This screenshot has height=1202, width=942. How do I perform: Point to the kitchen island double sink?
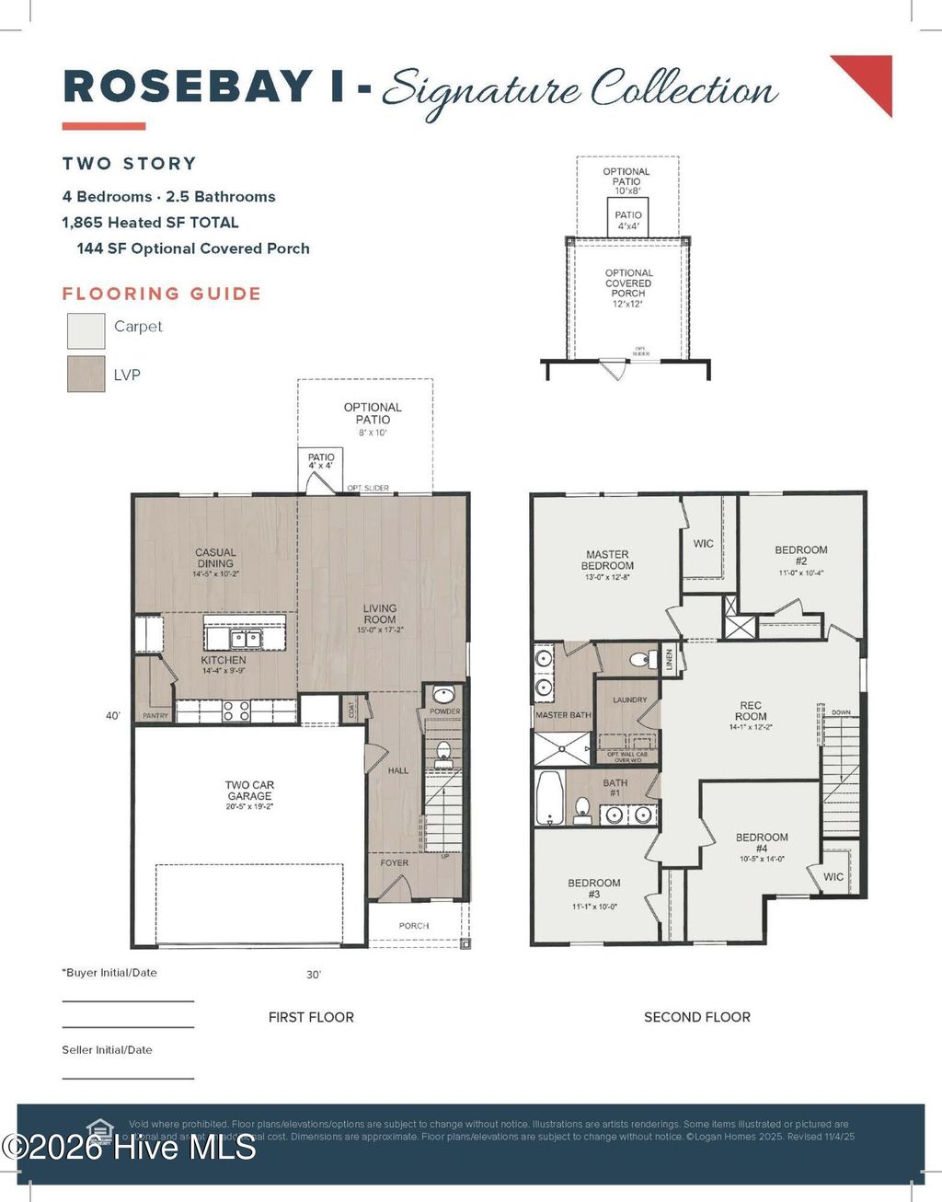pos(245,638)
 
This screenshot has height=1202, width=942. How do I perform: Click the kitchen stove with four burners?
pos(236,710)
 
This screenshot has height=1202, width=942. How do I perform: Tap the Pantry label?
pos(155,715)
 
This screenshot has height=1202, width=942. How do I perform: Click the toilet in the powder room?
pos(443,752)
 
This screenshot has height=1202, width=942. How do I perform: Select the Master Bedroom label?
pos(607,561)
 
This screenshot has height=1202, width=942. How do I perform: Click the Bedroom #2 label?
pos(800,556)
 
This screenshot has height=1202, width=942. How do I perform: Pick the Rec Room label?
pos(751,711)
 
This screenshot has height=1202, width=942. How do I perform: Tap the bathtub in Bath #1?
pos(549,797)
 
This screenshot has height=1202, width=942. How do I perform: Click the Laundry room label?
pos(629,700)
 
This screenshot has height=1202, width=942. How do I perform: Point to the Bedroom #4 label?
pos(762,843)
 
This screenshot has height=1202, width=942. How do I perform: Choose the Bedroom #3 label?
pos(593,888)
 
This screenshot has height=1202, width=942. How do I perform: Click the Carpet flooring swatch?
pos(86,329)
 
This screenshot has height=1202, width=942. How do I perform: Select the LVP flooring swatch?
pos(86,374)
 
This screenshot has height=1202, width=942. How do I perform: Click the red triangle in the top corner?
pos(870,77)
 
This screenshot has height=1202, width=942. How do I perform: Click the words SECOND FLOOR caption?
pos(696,1017)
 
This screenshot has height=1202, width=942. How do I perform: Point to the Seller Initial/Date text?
pos(107,1049)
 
